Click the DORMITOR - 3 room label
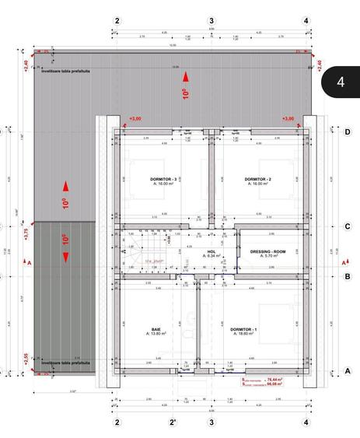tap(164, 179)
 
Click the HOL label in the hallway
tap(211, 252)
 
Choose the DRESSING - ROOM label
tap(268, 252)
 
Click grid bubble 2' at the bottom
tap(170, 422)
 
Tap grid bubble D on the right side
tap(347, 131)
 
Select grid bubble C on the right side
tap(347, 226)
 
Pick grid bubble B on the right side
tap(347, 275)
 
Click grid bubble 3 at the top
tap(211, 20)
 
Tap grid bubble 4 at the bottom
tap(306, 422)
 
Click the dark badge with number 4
tap(341, 82)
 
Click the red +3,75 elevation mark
tap(26, 235)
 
